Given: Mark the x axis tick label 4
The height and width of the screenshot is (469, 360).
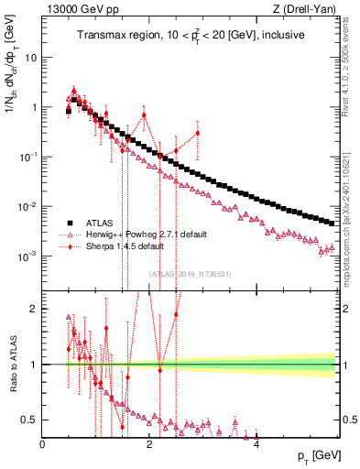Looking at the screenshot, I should coord(256,444).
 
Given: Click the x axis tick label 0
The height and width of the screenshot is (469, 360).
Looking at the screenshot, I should coord(43,444).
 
